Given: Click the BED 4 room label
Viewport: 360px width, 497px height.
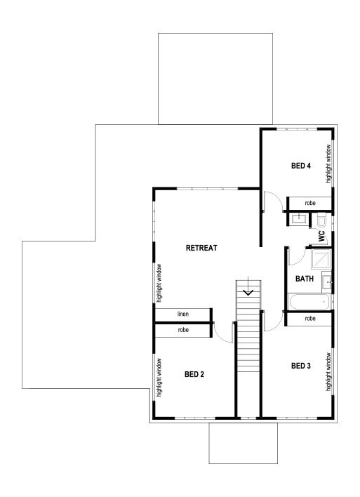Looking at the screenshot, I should pyautogui.click(x=301, y=166).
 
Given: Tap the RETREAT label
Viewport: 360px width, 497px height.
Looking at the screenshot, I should pyautogui.click(x=203, y=248).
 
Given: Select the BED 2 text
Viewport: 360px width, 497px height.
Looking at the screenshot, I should pyautogui.click(x=194, y=374).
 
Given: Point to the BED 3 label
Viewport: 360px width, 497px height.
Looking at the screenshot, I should pyautogui.click(x=300, y=366).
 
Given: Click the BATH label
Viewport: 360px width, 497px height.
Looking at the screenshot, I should pyautogui.click(x=305, y=279).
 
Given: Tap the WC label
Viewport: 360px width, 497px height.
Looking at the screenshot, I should pyautogui.click(x=321, y=237).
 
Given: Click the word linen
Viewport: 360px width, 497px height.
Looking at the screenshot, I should pyautogui.click(x=182, y=313).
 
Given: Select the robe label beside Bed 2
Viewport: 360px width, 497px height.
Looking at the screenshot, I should pyautogui.click(x=182, y=329).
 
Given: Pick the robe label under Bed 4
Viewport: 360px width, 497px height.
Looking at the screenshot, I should pyautogui.click(x=310, y=203).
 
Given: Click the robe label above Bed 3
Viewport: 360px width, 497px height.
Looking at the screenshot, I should pyautogui.click(x=310, y=319).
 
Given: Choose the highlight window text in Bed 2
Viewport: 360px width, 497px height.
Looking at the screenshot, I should pyautogui.click(x=159, y=377).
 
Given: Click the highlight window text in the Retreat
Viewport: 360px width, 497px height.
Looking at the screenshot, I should pyautogui.click(x=159, y=282).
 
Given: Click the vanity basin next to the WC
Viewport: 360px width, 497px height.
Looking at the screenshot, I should pyautogui.click(x=298, y=219).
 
